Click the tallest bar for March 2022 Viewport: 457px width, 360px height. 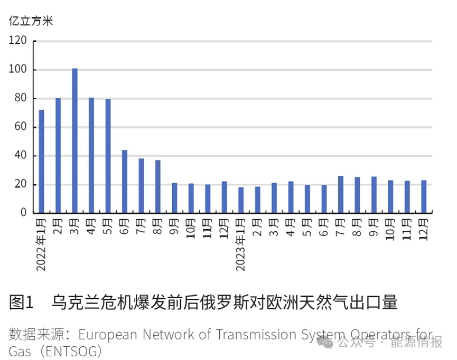[74, 140]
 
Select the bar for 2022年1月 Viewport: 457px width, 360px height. [42, 161]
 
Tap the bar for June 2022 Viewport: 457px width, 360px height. [125, 181]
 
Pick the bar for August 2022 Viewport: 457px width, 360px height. [157, 186]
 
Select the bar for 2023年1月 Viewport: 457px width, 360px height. [241, 200]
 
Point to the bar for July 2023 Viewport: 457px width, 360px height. [341, 194]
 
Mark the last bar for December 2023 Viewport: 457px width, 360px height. [424, 196]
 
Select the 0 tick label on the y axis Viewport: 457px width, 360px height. [23, 213]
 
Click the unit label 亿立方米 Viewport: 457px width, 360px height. [31, 21]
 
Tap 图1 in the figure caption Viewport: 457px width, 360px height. [21, 302]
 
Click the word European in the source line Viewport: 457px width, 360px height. [109, 335]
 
